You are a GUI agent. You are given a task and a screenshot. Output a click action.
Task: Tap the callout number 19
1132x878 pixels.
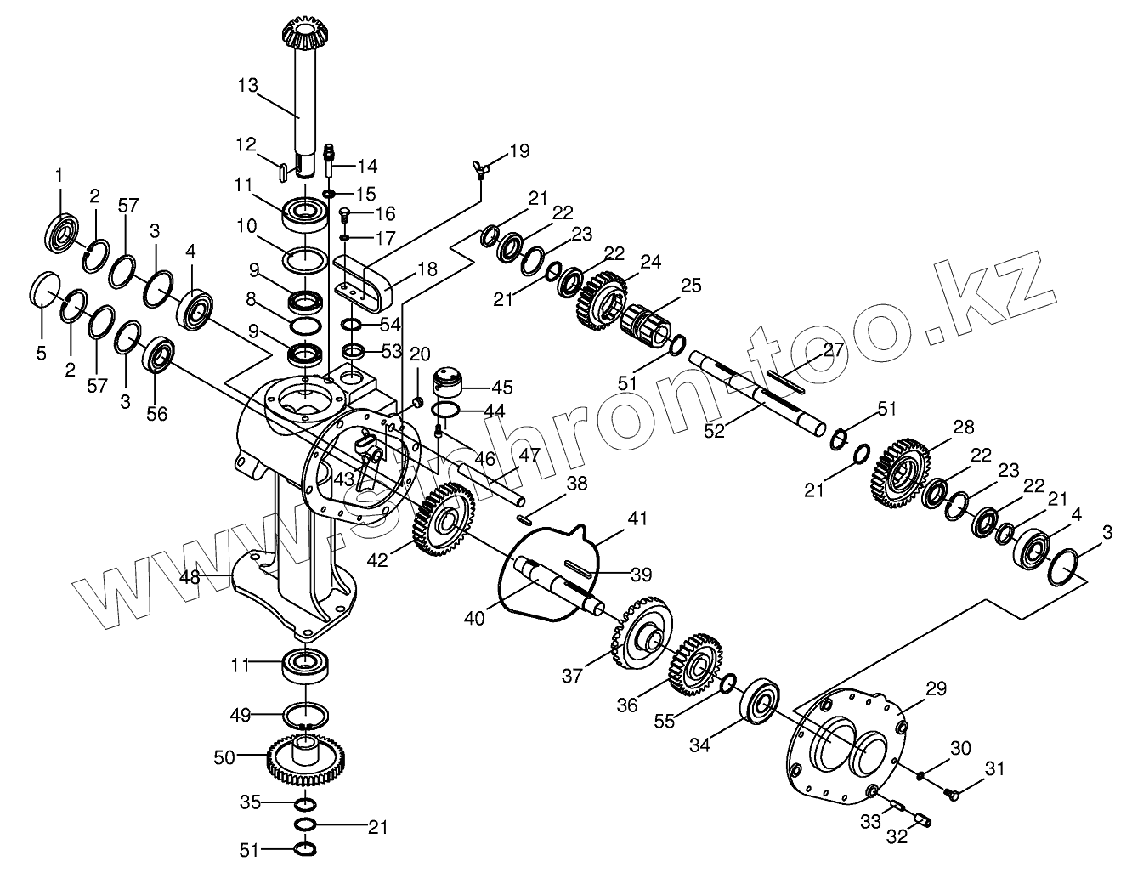click(519, 151)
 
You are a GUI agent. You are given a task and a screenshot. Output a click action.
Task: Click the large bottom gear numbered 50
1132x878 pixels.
click(309, 759)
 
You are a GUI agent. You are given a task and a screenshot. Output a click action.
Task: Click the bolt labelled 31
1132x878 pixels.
click(951, 794)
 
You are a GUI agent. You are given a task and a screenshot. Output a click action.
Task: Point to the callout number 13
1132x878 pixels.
click(247, 85)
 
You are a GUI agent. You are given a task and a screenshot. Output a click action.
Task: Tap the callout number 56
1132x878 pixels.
click(157, 414)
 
